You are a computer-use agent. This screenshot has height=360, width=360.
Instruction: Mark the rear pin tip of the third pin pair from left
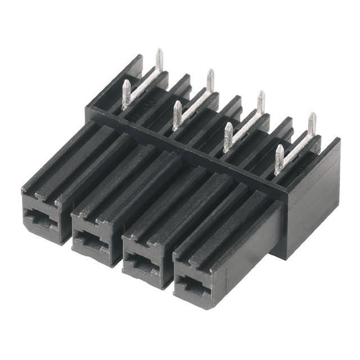point(261,97)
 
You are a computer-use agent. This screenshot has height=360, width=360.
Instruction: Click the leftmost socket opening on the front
point(39,220)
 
